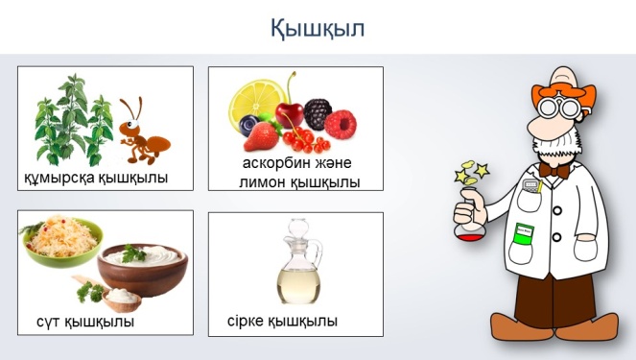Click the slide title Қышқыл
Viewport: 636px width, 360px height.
pyautogui.click(x=318, y=29)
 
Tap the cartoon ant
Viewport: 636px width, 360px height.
pyautogui.click(x=144, y=132)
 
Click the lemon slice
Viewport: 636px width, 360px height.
pyautogui.click(x=256, y=100)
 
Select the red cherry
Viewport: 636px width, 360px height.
pyautogui.click(x=289, y=113)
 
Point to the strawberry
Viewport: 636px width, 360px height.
pyautogui.click(x=262, y=135)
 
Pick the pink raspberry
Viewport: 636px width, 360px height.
pyautogui.click(x=341, y=125)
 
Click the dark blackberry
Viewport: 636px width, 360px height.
pyautogui.click(x=318, y=114)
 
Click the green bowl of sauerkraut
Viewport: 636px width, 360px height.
pyautogui.click(x=61, y=241)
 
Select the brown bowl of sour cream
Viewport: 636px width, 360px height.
pyautogui.click(x=142, y=270)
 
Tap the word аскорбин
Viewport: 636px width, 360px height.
pyautogui.click(x=274, y=163)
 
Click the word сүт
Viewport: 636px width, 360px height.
pyautogui.click(x=48, y=322)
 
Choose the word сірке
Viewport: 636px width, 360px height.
pyautogui.click(x=245, y=321)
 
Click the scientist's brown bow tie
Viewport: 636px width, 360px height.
pyautogui.click(x=554, y=170)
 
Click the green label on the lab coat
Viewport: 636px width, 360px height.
pyautogui.click(x=524, y=234)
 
